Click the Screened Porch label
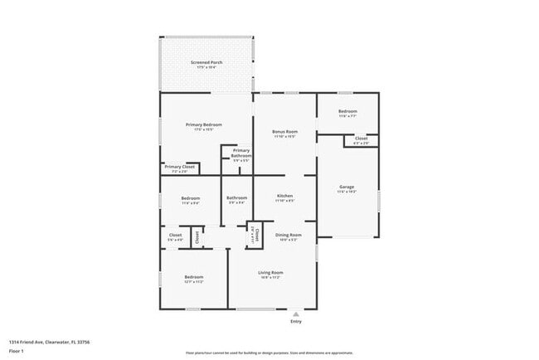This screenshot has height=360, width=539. pos(206,62)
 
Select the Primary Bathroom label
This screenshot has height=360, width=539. pos(241,153)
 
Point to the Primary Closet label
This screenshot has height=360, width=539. pos(179,167)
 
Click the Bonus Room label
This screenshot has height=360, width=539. pos(285,131)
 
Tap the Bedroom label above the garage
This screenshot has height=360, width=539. pos(347,111)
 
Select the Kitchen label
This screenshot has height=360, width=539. pos(284,197)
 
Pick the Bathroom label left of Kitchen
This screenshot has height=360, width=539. pos(236,197)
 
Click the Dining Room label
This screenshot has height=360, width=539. pos(289,235)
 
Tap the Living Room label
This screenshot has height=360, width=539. pos(270,272)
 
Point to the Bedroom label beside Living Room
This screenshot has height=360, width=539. pos(194,276)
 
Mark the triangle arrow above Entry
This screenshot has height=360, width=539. pos(296,314)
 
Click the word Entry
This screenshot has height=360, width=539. pos(296,322)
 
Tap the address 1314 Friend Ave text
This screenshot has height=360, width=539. pos(49,341)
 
